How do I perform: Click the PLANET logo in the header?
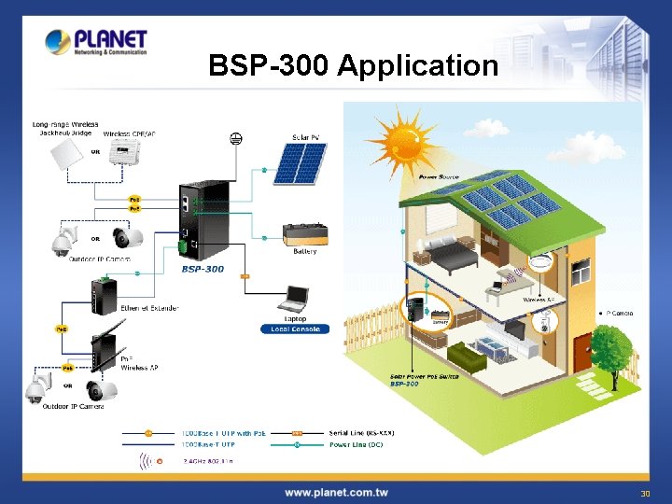96,43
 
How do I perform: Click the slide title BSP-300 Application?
354,65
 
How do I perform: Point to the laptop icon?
295,299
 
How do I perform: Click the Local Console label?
295,329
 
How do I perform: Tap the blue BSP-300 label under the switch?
203,269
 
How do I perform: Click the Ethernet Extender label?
147,307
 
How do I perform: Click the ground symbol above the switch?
235,139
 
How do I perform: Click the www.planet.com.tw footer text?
336,492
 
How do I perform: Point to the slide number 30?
644,493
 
